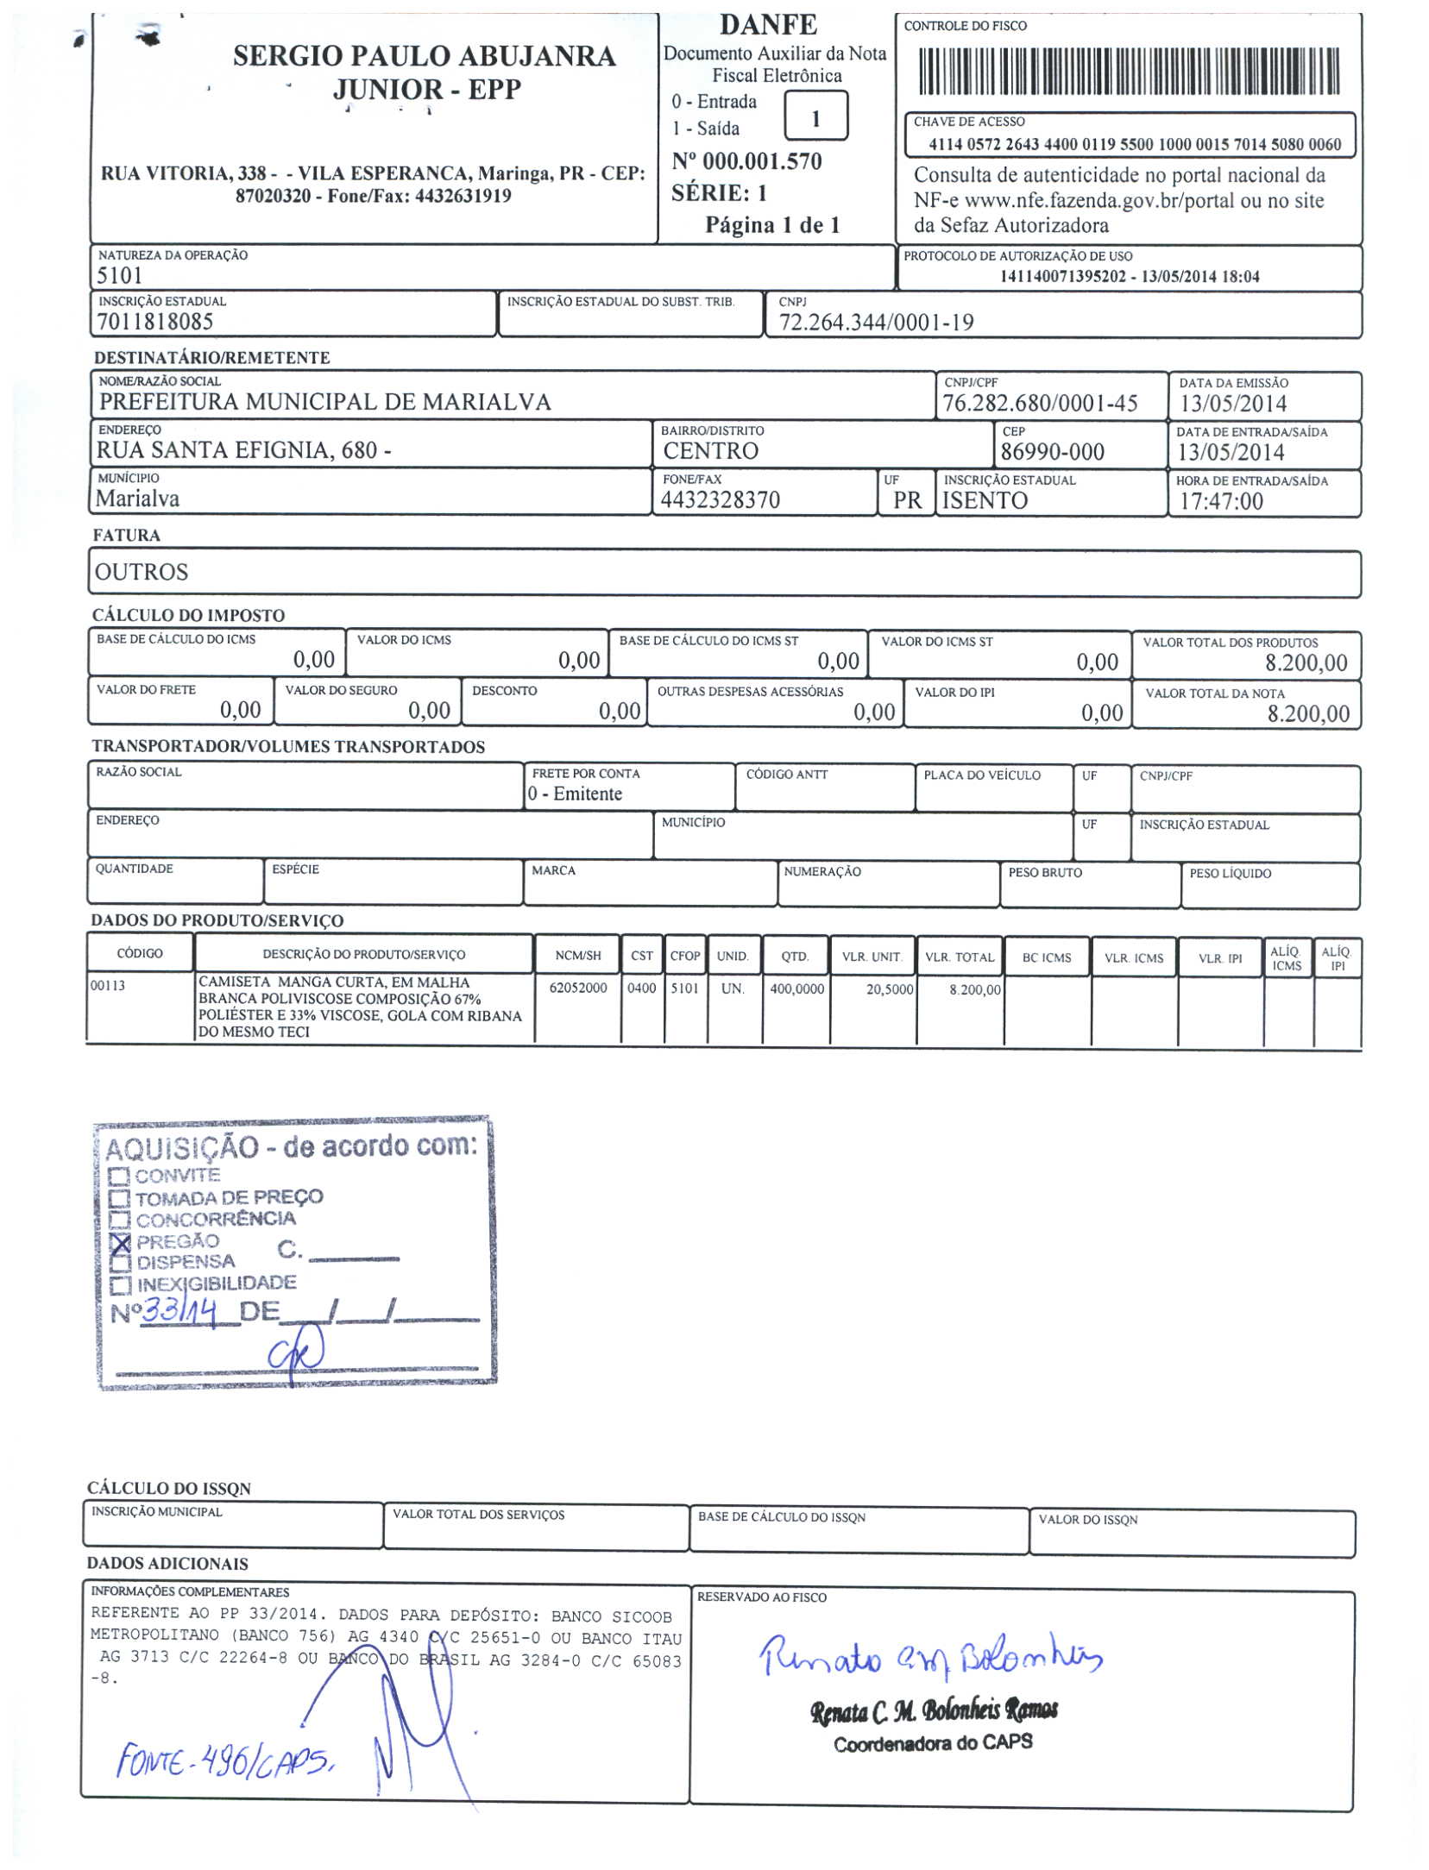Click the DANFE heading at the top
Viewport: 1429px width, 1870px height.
click(x=767, y=25)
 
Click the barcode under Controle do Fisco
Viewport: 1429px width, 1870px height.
click(x=1128, y=72)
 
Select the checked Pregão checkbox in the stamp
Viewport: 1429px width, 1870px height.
click(x=121, y=1243)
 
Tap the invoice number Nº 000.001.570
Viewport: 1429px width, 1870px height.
click(x=746, y=161)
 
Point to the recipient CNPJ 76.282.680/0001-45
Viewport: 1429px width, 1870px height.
click(x=1039, y=404)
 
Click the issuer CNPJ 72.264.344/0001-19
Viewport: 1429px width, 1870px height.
click(x=876, y=323)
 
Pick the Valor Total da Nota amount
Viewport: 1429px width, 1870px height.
click(x=1307, y=713)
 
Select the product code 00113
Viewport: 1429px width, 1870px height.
click(x=108, y=985)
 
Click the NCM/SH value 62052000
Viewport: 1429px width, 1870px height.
click(x=577, y=988)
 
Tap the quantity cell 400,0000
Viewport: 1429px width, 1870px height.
click(x=796, y=988)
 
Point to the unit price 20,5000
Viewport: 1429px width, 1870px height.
click(x=889, y=989)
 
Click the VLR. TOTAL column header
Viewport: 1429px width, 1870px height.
click(x=959, y=957)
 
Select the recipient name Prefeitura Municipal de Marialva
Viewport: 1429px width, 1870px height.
click(x=324, y=402)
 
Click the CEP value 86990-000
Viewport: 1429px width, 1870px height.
click(x=1052, y=452)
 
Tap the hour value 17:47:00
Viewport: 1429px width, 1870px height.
click(x=1220, y=501)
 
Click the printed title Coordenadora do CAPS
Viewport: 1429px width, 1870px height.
click(x=932, y=1743)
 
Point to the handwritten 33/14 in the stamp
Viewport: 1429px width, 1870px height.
click(x=179, y=1312)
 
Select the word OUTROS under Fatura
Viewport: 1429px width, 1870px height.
click(x=142, y=572)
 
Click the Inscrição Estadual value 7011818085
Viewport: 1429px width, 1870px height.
click(x=154, y=322)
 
